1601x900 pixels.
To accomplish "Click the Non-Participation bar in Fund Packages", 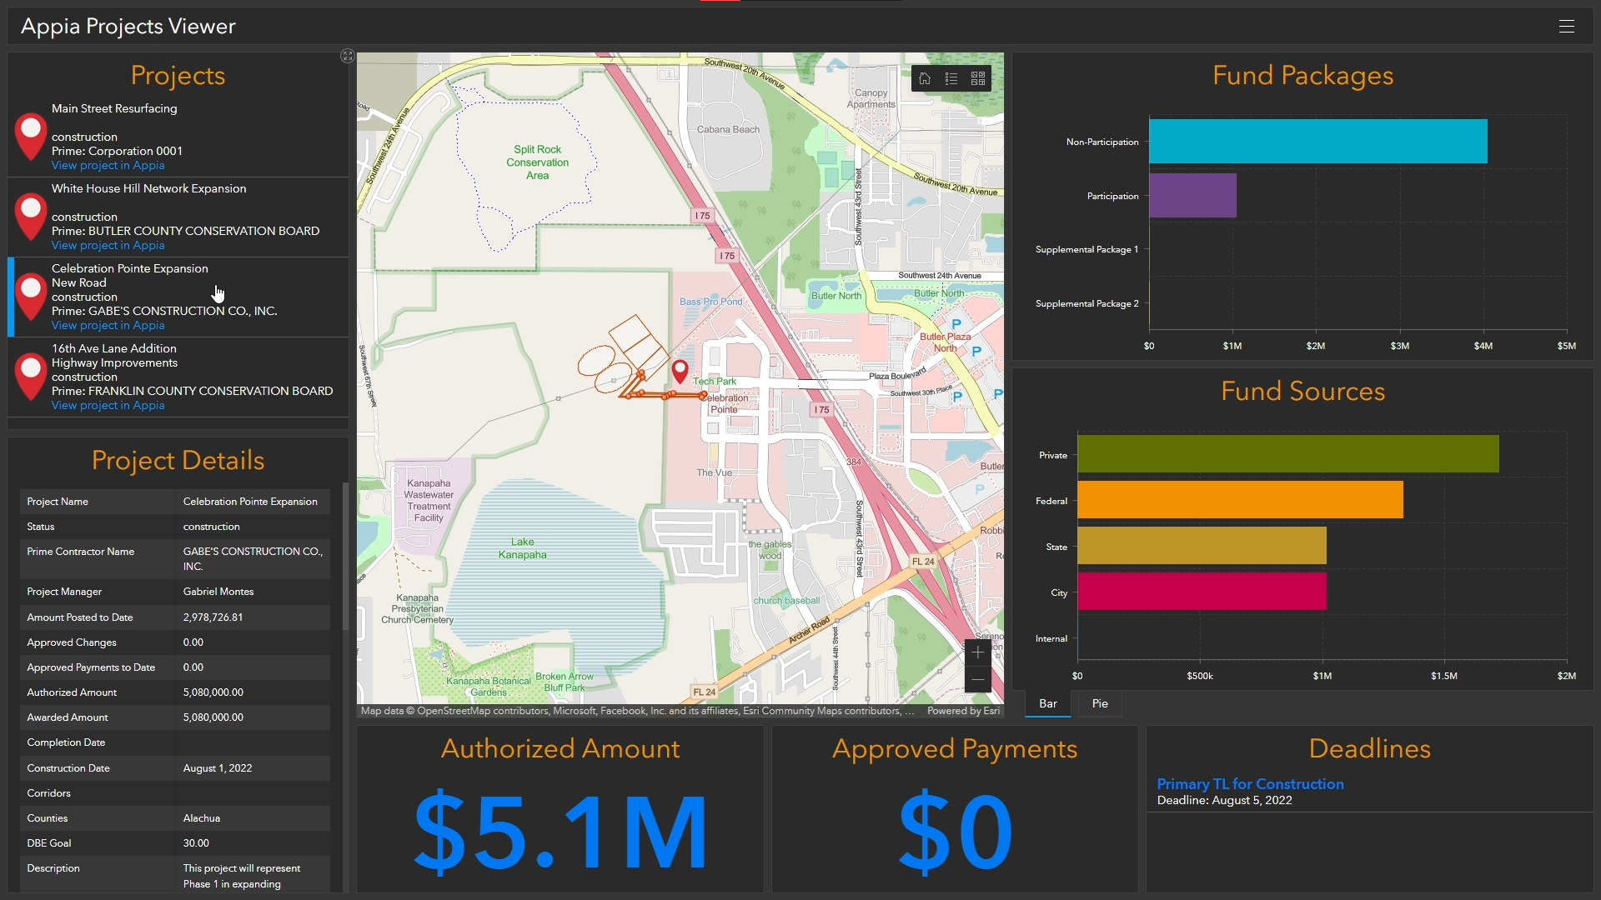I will point(1317,142).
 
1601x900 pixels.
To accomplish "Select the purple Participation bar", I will point(1192,196).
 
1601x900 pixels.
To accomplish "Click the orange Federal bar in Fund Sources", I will point(1240,501).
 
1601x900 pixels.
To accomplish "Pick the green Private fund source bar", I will point(1287,455).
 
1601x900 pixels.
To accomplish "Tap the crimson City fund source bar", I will point(1202,592).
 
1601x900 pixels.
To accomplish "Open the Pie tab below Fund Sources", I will point(1100,704).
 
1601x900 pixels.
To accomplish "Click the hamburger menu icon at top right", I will point(1567,27).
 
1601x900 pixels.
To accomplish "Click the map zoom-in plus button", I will point(978,652).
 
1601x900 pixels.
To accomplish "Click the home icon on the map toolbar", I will point(925,79).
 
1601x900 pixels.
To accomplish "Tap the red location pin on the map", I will point(680,370).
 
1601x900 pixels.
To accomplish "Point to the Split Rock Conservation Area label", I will point(538,162).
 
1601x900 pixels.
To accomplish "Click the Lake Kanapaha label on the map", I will point(523,548).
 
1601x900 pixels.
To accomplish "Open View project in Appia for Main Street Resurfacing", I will point(108,166).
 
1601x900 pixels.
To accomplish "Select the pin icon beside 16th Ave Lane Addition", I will point(31,376).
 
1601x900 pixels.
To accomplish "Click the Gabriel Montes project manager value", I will point(218,592).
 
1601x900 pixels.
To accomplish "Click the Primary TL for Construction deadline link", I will point(1250,784).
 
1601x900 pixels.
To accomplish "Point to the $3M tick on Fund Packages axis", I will point(1400,346).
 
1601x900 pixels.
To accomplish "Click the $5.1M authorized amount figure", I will point(560,832).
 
